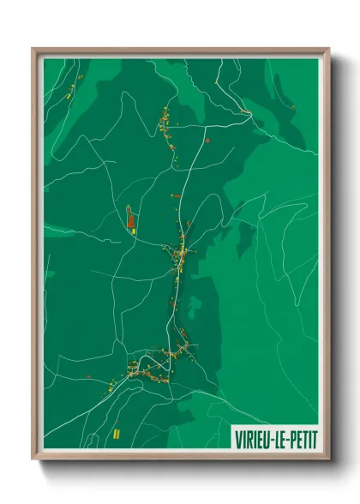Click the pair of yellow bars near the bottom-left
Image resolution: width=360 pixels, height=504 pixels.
pyautogui.click(x=115, y=434)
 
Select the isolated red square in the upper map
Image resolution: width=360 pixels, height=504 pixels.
pyautogui.click(x=207, y=139)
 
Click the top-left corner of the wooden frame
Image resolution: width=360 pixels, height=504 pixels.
pyautogui.click(x=33, y=49)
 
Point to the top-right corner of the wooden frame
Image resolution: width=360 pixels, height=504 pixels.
pyautogui.click(x=328, y=49)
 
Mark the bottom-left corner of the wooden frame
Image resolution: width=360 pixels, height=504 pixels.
pyautogui.click(x=33, y=460)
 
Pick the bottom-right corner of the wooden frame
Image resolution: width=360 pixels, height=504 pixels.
pyautogui.click(x=328, y=460)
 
